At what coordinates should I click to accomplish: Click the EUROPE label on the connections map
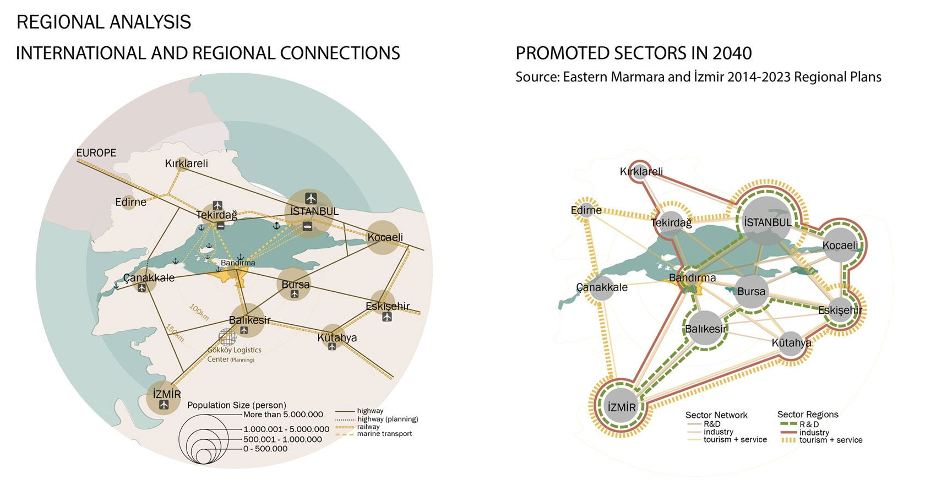click(x=96, y=152)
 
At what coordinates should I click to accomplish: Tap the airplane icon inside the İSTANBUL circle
click(x=311, y=198)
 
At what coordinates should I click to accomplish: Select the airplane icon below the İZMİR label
click(x=164, y=405)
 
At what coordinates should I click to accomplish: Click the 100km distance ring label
click(x=199, y=312)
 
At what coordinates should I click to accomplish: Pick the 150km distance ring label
click(x=175, y=333)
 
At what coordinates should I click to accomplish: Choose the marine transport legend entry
click(x=384, y=434)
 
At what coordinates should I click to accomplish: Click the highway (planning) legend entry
click(x=388, y=419)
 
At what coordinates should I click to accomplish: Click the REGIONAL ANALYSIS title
click(x=104, y=22)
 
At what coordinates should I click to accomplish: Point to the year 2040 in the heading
click(x=732, y=53)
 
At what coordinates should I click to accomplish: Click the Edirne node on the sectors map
click(x=585, y=210)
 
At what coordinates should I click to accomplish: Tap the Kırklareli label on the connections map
click(x=187, y=163)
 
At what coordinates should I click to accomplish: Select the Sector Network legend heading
click(x=716, y=415)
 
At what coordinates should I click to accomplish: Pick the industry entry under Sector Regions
click(x=814, y=433)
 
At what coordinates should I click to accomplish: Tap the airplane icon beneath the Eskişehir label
click(x=387, y=317)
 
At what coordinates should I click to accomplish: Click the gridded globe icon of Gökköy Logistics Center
click(x=227, y=337)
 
